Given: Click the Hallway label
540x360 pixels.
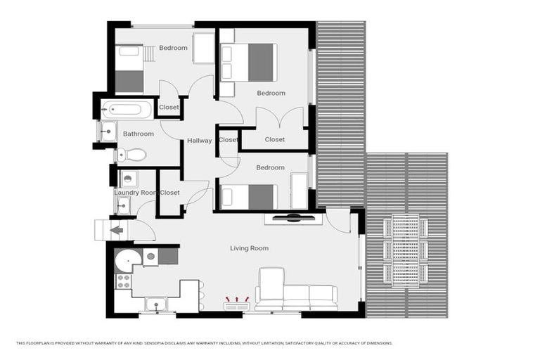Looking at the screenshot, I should coord(200,141).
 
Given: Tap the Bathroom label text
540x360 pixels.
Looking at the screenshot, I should coord(139,134).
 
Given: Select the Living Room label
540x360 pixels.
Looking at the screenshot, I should coord(249,248).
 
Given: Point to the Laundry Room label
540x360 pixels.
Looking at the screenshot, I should coord(135,193).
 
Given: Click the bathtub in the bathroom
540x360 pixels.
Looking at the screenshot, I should coord(127,109).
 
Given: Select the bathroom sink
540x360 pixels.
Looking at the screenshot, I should coord(108,131).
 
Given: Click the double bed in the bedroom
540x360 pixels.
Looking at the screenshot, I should coord(250,62).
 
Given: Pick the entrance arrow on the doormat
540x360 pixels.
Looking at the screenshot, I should coord(117,229).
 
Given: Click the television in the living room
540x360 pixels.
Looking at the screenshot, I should coord(294,219).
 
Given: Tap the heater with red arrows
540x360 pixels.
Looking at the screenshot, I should coord(237,304).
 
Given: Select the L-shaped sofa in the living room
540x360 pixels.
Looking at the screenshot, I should coord(295,294).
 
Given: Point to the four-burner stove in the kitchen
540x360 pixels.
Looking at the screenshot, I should coord(123,281).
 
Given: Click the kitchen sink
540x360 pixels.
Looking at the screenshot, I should coord(155,304).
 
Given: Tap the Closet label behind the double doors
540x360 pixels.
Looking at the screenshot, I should coord(275,139).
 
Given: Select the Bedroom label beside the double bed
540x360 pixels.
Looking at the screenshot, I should coord(271,93).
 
